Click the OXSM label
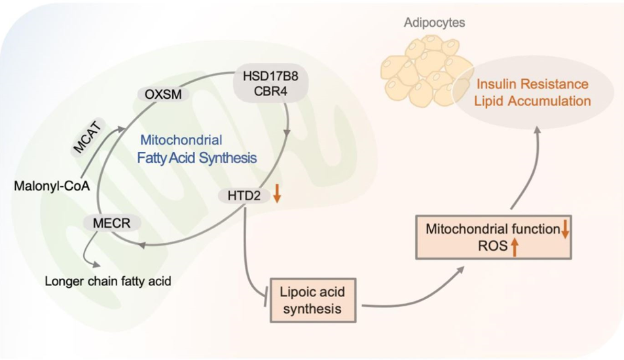click(x=163, y=95)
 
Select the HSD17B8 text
click(x=262, y=75)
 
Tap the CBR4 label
click(x=262, y=90)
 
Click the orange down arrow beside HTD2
click(x=277, y=193)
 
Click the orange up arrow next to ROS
click(x=515, y=247)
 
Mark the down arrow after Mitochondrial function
click(x=565, y=229)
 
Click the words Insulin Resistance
click(x=532, y=85)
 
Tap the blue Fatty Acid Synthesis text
click(x=196, y=158)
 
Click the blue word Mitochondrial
click(x=182, y=140)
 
